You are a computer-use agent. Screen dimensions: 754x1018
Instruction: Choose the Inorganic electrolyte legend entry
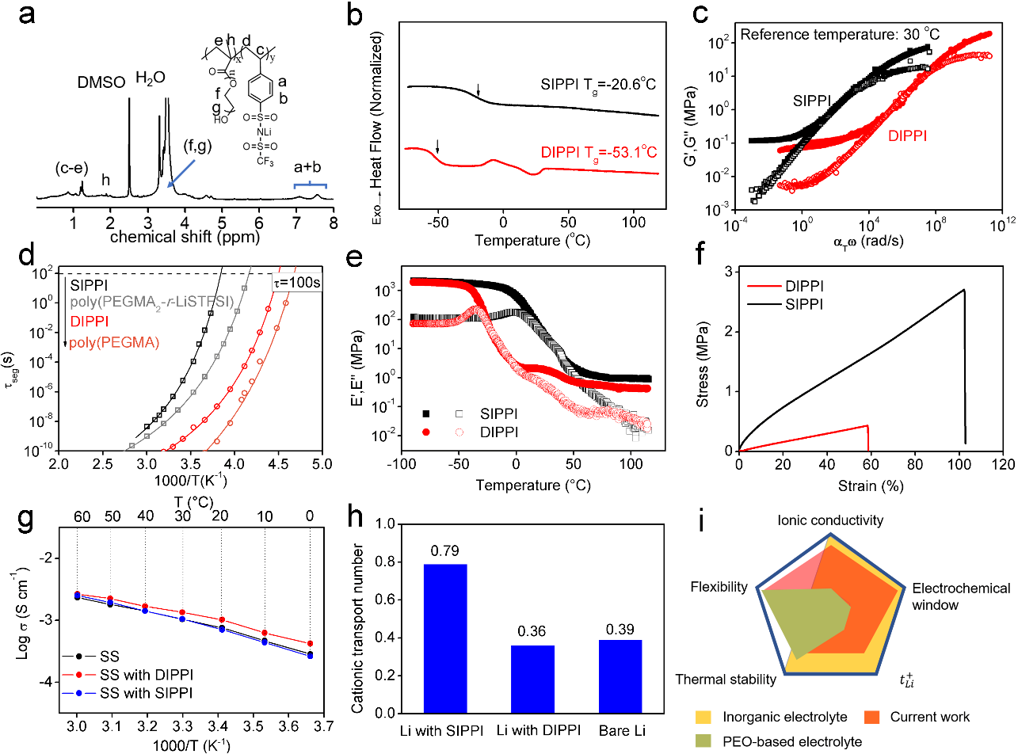pos(772,717)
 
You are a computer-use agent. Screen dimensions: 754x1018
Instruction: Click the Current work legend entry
pos(930,717)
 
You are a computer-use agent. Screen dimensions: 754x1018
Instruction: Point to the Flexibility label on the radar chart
pos(719,587)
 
